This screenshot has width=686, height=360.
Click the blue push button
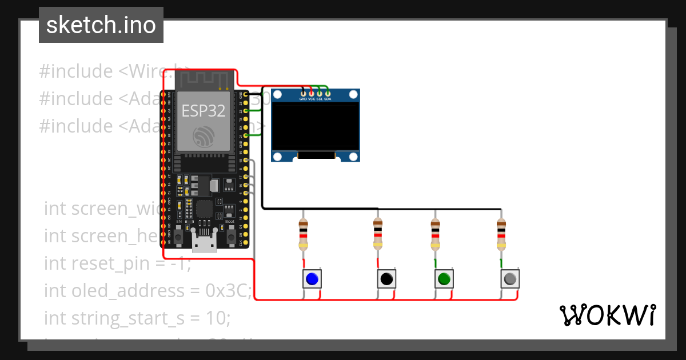312,279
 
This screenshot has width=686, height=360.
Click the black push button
386,279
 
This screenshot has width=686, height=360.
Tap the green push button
444,279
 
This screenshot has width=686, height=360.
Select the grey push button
510,279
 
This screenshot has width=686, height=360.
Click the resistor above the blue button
303,234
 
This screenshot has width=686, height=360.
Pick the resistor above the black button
377,234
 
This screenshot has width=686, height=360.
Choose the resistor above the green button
435,234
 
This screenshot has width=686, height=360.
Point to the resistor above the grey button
501,234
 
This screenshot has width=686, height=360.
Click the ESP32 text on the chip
203,110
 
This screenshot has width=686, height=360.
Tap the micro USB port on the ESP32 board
204,243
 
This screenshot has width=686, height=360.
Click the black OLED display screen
316,126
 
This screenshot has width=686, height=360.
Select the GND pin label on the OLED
303,99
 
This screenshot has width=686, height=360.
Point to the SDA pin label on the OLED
328,99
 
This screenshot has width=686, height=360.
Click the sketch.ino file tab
101,25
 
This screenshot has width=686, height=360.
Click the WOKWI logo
607,315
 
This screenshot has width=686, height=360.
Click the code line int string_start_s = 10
137,318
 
